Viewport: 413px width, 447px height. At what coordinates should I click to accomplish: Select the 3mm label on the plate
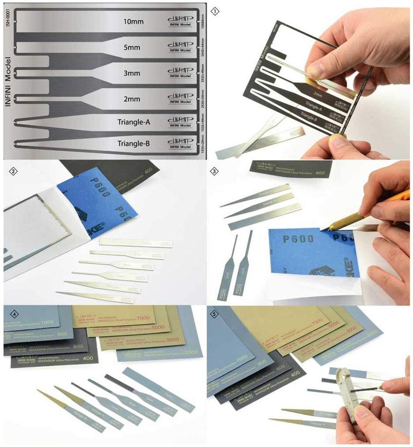point(131,73)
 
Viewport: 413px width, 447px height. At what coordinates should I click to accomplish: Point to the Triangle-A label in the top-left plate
point(134,122)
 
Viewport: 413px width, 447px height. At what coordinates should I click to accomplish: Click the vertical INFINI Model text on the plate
point(8,86)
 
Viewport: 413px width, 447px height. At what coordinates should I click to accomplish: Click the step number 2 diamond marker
point(13,171)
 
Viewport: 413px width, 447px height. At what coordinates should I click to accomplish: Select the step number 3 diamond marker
point(214,171)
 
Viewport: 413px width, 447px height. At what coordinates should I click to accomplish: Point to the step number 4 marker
point(13,314)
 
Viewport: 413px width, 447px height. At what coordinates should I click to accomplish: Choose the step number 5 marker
point(214,314)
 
